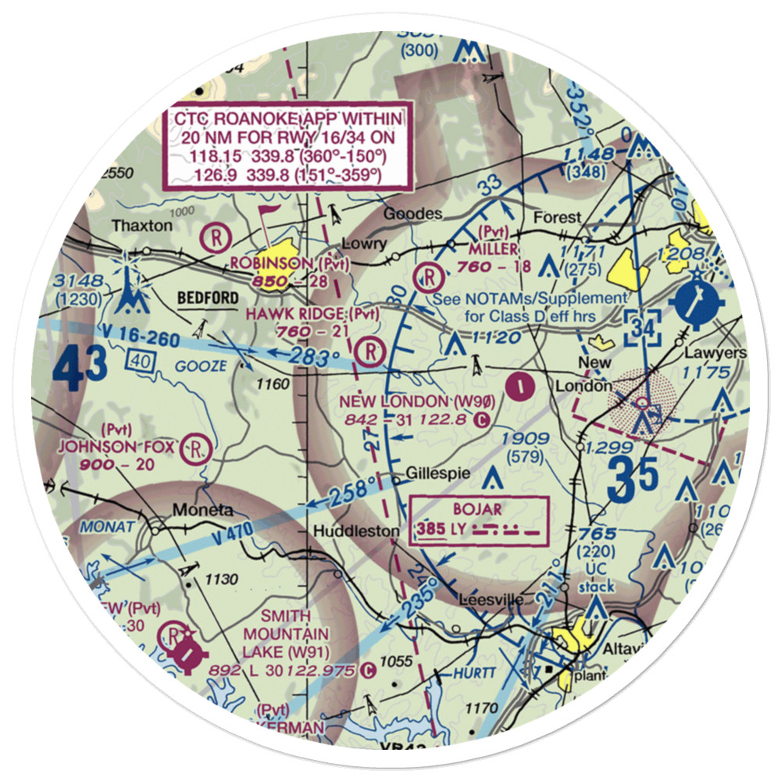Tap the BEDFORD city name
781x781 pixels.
pos(207,298)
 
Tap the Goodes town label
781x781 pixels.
pos(413,213)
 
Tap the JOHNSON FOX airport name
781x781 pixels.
pos(116,448)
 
